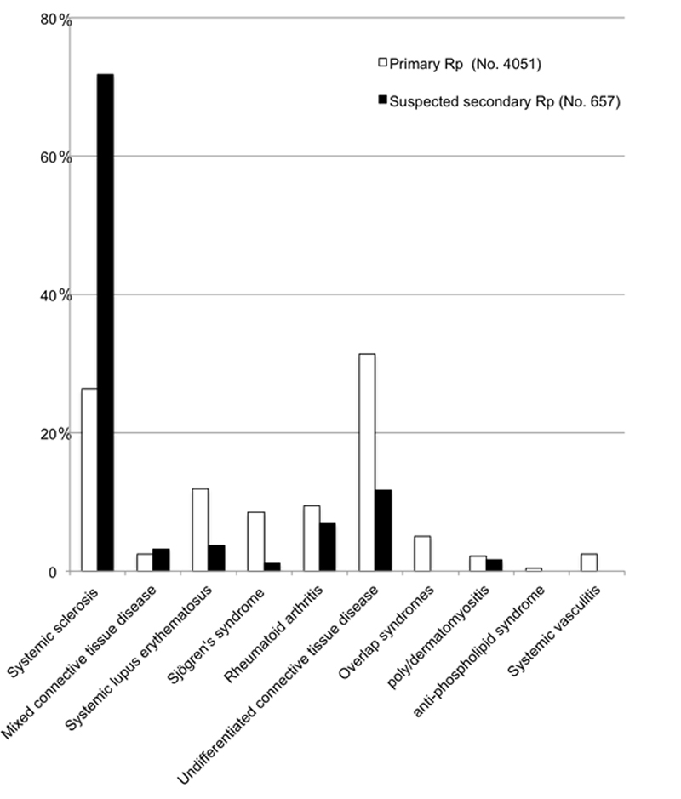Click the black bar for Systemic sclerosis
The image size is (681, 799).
pyautogui.click(x=105, y=322)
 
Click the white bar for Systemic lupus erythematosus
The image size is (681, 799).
pyautogui.click(x=200, y=529)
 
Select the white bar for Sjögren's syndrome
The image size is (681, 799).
pyautogui.click(x=255, y=541)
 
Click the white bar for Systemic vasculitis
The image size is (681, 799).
pyautogui.click(x=589, y=562)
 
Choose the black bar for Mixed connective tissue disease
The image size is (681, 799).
pyautogui.click(x=161, y=560)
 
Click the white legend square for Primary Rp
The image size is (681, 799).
pyautogui.click(x=382, y=61)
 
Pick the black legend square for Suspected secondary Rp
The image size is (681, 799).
pyautogui.click(x=382, y=101)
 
